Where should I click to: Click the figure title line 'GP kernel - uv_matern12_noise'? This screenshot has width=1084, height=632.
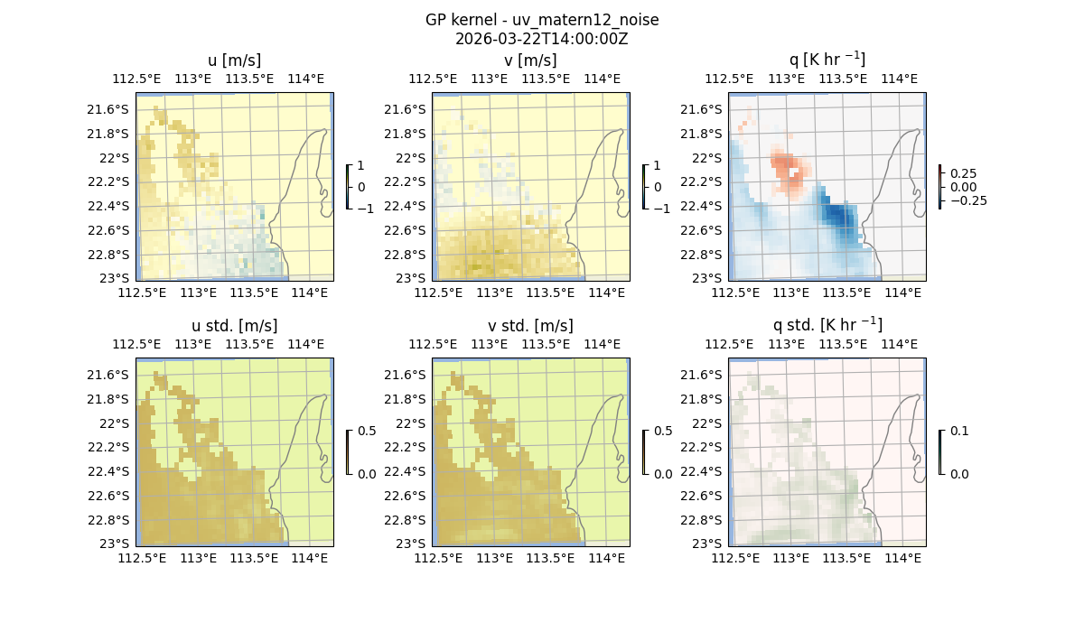pos(542,20)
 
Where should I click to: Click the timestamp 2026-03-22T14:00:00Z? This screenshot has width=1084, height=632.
pos(542,39)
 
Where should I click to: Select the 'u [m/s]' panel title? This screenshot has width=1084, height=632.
pos(234,60)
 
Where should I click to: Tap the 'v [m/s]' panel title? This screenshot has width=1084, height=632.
pos(530,60)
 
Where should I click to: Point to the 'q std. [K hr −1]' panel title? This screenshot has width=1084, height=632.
pos(827,325)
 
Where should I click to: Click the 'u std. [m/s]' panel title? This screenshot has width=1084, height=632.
pos(234,326)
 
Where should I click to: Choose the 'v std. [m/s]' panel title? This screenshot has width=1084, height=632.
pos(530,326)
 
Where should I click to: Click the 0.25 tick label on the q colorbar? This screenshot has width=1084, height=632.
pos(963,173)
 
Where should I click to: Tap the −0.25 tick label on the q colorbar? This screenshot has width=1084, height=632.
pos(967,200)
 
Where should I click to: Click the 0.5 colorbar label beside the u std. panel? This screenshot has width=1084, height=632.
pos(367,432)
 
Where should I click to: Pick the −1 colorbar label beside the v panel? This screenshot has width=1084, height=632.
pos(662,208)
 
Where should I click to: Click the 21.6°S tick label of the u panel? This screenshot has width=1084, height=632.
pos(115,109)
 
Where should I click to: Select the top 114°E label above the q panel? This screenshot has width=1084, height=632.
pos(900,79)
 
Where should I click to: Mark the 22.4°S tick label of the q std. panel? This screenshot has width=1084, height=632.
pos(707,471)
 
